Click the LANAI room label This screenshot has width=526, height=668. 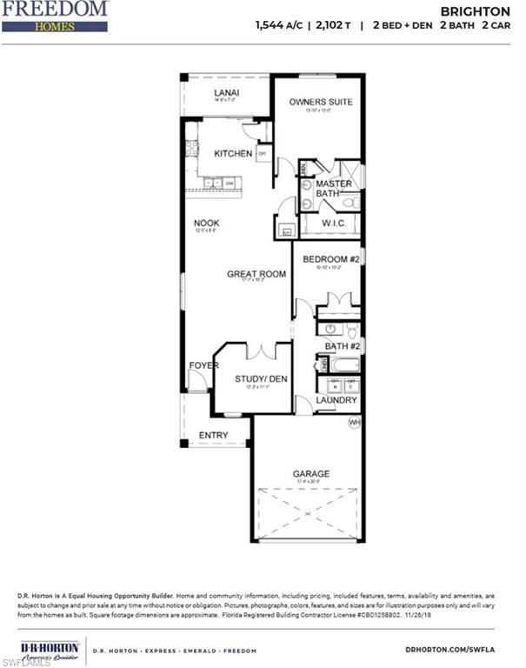pos(227,93)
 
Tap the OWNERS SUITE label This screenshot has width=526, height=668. pos(321,102)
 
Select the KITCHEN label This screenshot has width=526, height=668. pos(233,154)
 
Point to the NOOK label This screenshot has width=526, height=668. pos(206,224)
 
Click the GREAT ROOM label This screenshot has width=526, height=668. pos(256,274)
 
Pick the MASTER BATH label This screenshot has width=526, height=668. pos(333,189)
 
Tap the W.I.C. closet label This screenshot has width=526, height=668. pos(334,224)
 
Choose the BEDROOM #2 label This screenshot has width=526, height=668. pos(331,259)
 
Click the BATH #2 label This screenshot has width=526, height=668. pos(343,346)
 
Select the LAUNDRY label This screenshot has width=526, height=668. pos(336,400)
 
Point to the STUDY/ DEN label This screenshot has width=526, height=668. pos(261,378)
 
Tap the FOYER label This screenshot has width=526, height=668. pos(203,365)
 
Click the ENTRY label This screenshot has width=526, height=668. pos(214,435)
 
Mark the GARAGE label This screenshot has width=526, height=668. pos(310,474)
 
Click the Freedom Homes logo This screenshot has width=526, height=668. pos(55,17)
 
